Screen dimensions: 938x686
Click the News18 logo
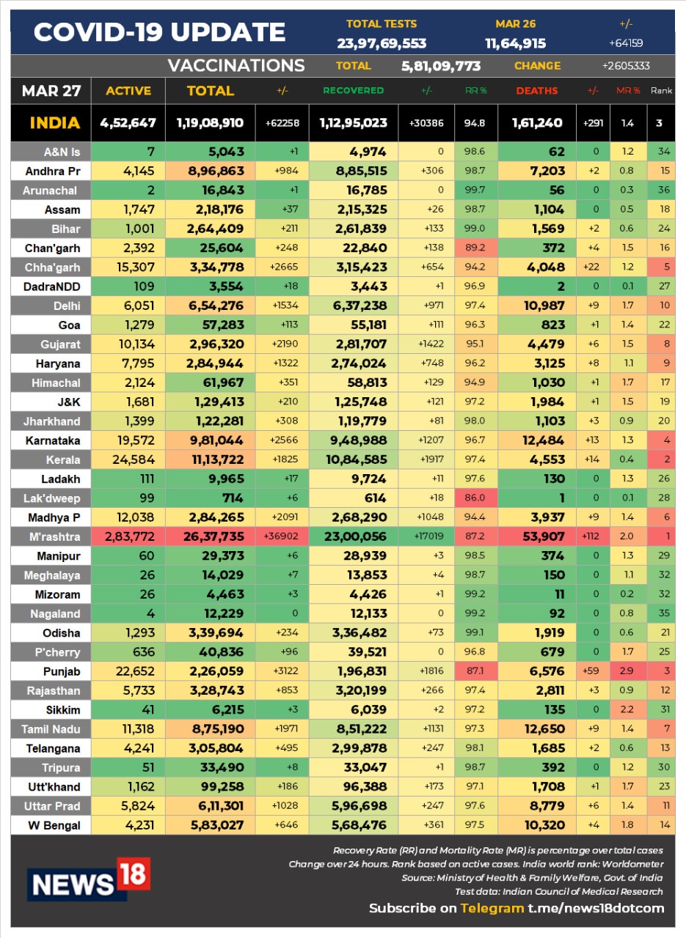(x=89, y=879)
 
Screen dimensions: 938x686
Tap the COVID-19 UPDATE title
(x=159, y=32)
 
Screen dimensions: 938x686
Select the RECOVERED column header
(x=354, y=91)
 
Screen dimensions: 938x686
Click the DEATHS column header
(x=536, y=91)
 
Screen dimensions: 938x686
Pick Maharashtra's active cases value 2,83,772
(x=128, y=536)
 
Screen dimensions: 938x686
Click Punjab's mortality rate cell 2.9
(x=627, y=671)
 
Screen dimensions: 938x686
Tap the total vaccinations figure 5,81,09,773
(x=441, y=66)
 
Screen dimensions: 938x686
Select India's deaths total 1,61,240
(x=536, y=123)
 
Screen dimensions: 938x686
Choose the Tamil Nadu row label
(x=51, y=729)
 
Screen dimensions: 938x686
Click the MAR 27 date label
(x=50, y=91)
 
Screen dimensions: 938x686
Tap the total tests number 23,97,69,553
(x=382, y=43)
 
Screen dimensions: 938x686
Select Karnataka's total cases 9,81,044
(x=210, y=440)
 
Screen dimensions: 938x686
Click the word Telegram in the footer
(x=492, y=908)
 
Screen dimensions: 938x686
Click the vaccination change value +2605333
(x=626, y=66)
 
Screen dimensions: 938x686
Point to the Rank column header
(x=660, y=91)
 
